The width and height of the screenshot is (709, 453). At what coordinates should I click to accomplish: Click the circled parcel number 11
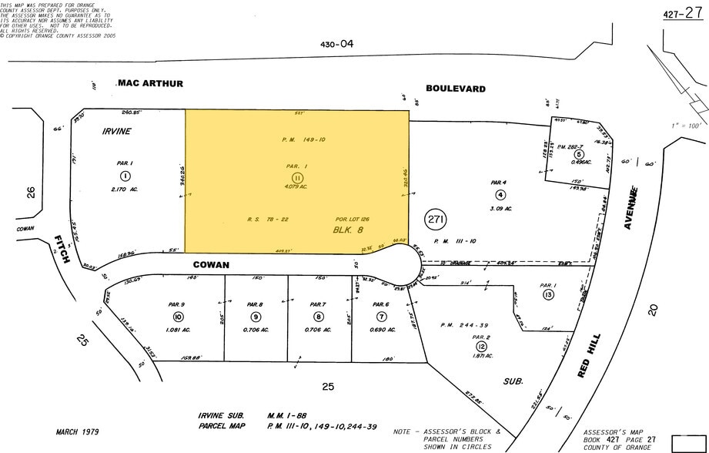pos(297,176)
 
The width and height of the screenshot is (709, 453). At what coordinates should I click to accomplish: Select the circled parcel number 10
pos(179,317)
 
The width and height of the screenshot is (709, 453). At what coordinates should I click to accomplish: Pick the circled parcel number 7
pos(381,317)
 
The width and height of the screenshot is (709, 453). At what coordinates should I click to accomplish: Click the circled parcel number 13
pos(548,295)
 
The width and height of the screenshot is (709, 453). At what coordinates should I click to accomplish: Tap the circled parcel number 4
pos(500,194)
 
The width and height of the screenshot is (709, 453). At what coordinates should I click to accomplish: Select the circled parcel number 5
pos(567,154)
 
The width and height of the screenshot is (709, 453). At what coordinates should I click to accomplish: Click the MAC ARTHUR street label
pos(150,83)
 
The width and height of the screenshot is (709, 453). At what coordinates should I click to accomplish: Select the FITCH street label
pos(65,249)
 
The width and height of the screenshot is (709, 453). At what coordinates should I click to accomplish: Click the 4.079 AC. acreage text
pos(297,186)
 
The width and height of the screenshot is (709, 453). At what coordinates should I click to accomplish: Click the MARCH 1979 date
pos(76,432)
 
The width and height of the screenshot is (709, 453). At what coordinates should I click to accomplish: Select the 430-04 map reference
pos(336,45)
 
